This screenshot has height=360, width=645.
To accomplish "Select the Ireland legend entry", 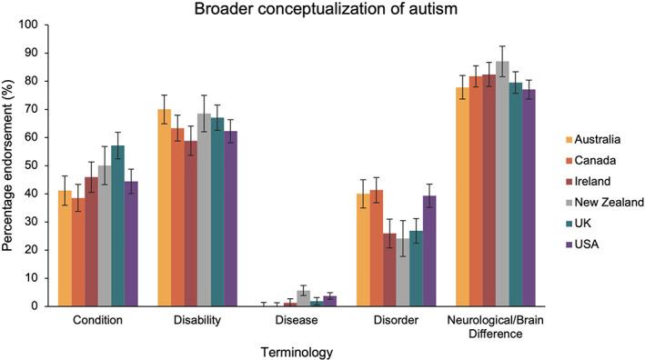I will point(590,180).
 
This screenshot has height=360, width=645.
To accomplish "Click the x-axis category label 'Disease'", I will point(291,320).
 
